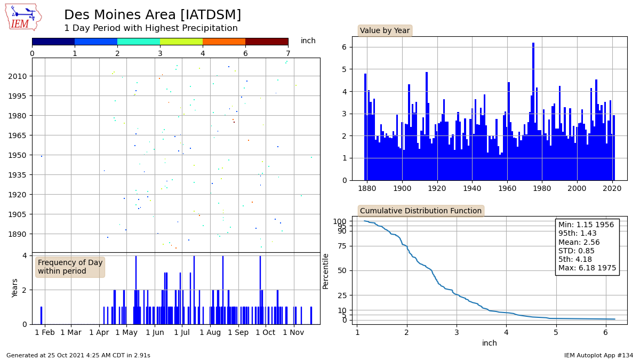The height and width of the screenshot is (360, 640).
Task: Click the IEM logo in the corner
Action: point(23,17)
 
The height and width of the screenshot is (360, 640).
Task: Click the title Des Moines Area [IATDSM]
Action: point(153,15)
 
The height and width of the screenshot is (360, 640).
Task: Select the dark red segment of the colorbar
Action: point(267,41)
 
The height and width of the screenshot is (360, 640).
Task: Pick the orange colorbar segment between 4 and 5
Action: point(224,41)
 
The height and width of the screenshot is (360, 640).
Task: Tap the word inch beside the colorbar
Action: point(308,41)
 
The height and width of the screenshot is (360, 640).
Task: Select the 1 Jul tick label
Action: point(182,332)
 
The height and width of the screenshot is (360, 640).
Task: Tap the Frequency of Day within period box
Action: point(70,267)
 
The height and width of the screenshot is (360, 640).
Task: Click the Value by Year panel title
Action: point(385,30)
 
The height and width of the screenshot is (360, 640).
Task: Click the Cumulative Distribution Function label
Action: point(421,211)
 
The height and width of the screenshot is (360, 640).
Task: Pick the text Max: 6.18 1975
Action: point(587,268)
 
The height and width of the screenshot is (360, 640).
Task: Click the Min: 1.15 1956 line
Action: point(586,225)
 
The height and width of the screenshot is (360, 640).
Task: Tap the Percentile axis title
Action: point(325,271)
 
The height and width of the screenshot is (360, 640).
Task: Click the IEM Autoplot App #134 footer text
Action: point(598,355)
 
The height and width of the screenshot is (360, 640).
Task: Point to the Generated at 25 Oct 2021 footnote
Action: point(78,355)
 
